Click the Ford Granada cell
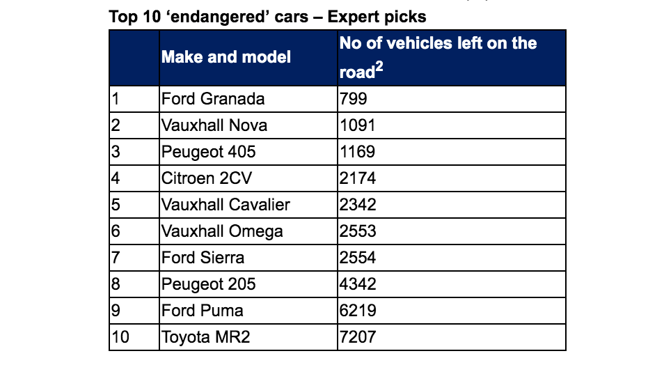coord(213,99)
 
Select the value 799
coord(353,99)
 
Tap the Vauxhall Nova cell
coord(214,125)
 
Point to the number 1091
coord(358,125)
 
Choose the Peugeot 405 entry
coord(209,152)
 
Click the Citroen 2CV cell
coord(207,178)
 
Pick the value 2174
coord(358,178)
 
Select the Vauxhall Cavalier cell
coord(226,205)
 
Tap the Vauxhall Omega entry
coord(222,231)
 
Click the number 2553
coord(358,231)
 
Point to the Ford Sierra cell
coord(203,258)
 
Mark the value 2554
coord(358,258)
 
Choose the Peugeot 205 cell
coord(209,284)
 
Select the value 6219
coord(358,311)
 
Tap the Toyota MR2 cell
coord(205,337)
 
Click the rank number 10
coord(120,337)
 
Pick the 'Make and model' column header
coord(226,56)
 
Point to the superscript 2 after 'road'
coord(380,68)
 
